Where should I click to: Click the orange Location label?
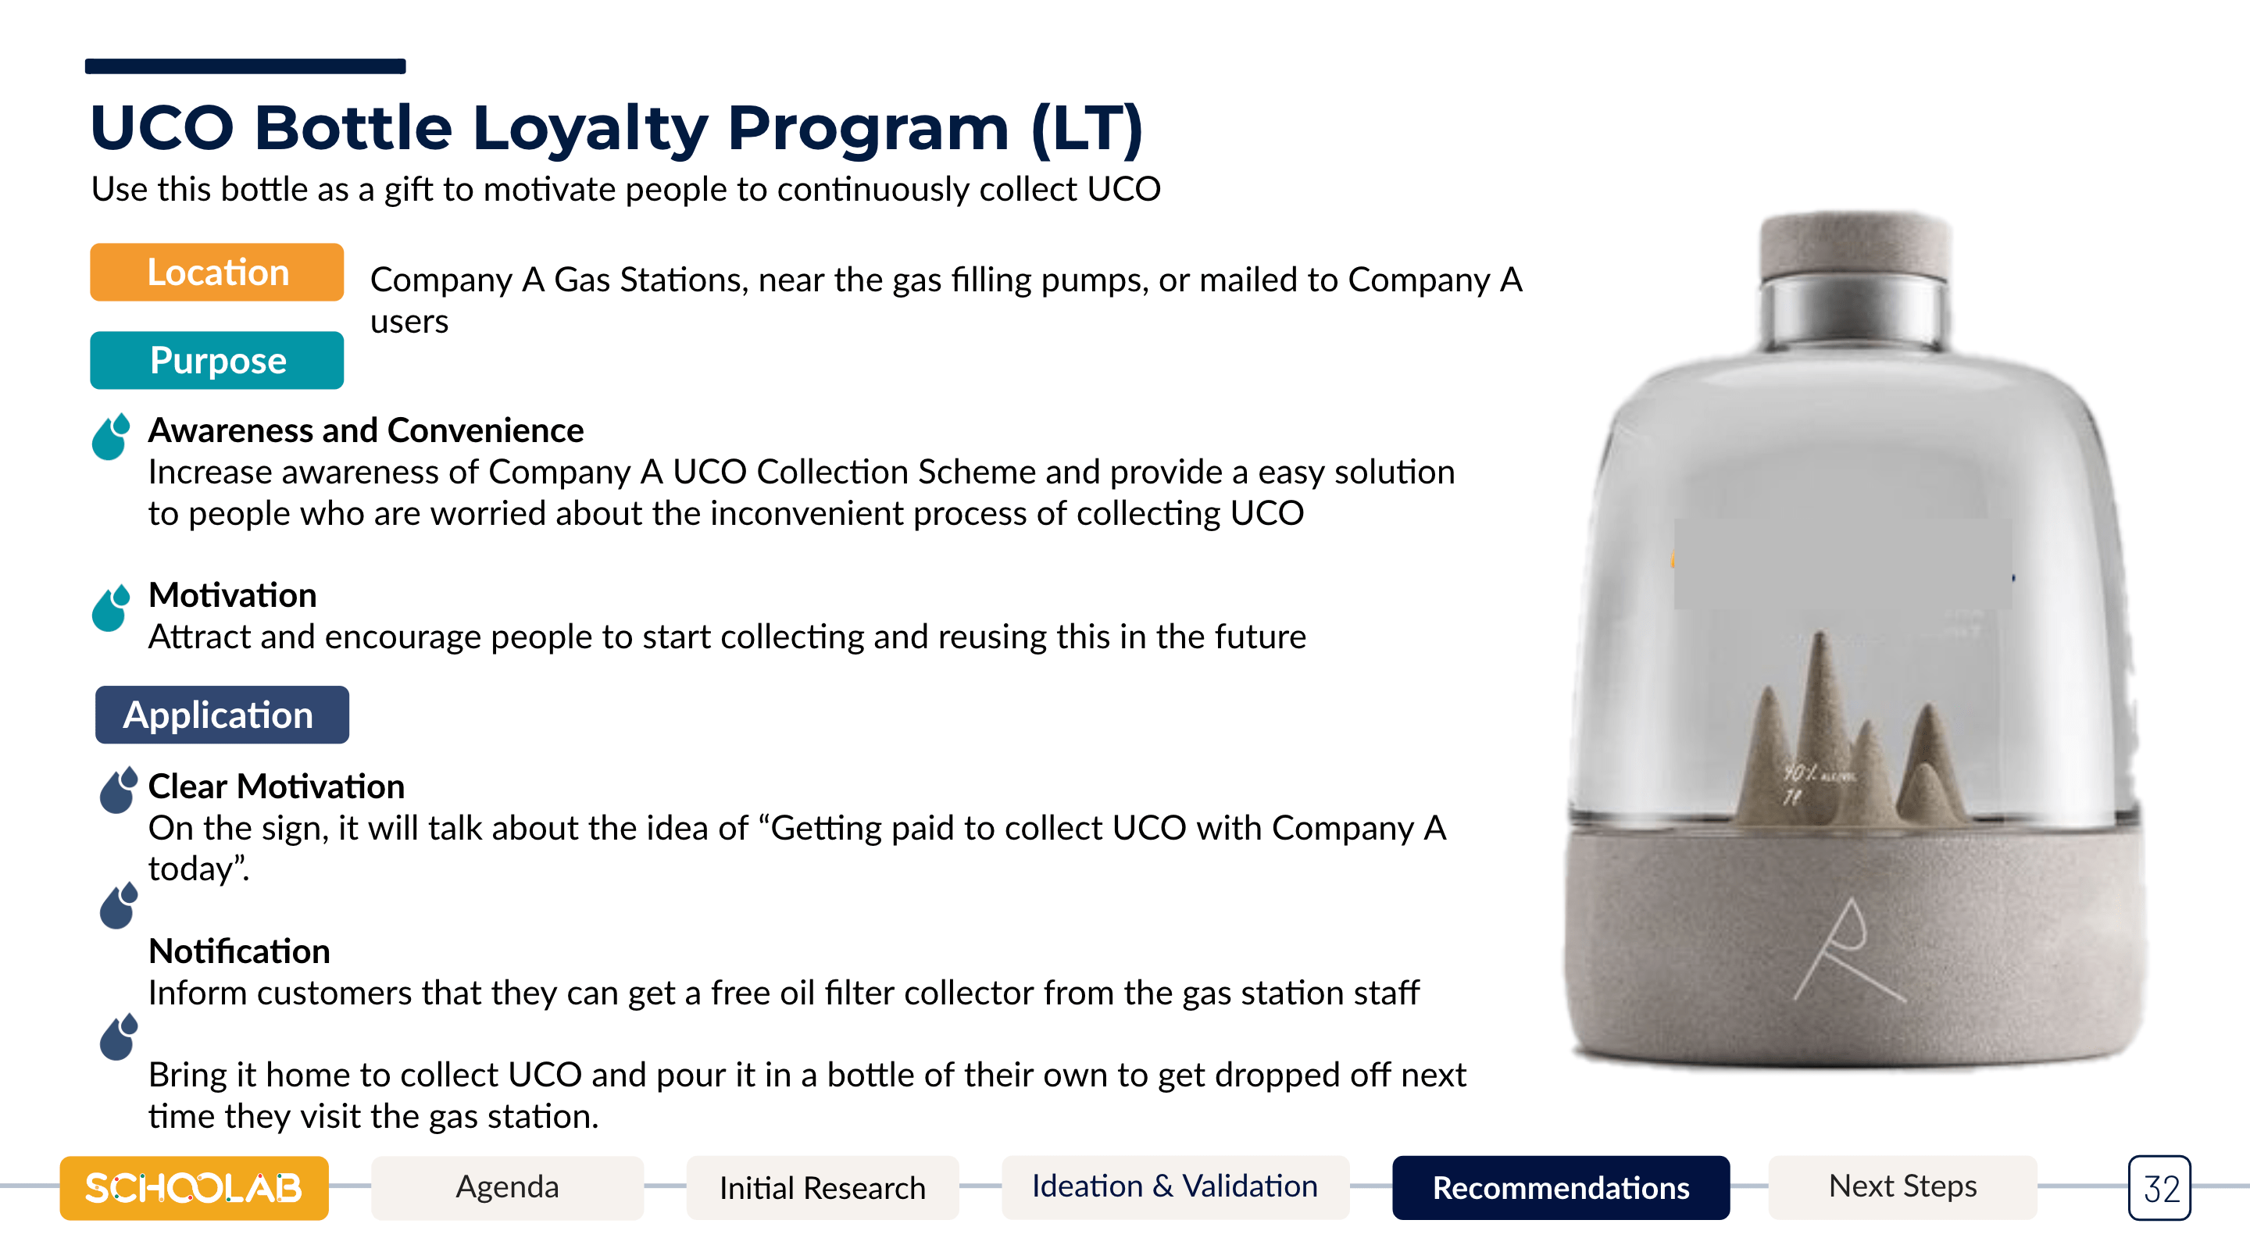tap(216, 273)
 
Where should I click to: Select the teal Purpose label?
tap(216, 361)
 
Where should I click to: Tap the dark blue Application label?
tap(222, 715)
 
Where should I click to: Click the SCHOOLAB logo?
tap(194, 1187)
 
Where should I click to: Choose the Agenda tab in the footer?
tap(508, 1187)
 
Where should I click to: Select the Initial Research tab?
tap(823, 1187)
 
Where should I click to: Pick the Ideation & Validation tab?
tap(1175, 1187)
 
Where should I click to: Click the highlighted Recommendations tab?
tap(1561, 1187)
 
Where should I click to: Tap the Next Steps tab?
tap(1902, 1187)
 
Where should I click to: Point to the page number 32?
tap(2160, 1188)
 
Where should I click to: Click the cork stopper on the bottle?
tap(1855, 245)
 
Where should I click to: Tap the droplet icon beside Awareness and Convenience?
tap(111, 436)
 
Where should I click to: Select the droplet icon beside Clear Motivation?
tap(119, 790)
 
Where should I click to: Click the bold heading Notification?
tap(239, 951)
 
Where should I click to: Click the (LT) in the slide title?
tap(1087, 128)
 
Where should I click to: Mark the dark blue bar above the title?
tap(245, 66)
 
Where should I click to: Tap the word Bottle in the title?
tap(354, 128)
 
